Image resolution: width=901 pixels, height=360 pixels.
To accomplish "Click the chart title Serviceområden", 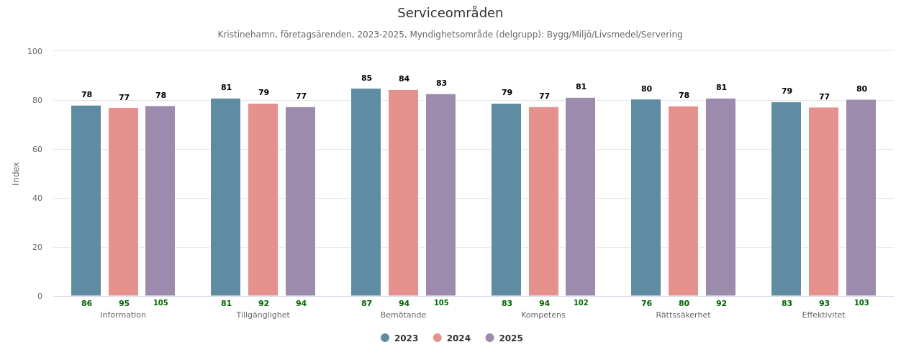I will click(450, 13).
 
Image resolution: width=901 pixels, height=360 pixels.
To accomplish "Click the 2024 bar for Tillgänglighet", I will click(263, 199).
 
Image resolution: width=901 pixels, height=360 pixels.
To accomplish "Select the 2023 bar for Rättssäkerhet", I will click(646, 197).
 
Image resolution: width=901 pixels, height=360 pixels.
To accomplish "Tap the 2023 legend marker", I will click(385, 338).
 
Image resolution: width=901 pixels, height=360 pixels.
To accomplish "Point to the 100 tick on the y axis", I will click(35, 51).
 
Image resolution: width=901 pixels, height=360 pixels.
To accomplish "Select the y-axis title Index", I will click(16, 174).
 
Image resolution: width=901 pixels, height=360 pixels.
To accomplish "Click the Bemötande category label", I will click(403, 315).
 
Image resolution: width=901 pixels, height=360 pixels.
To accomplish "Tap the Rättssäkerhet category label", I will click(683, 315).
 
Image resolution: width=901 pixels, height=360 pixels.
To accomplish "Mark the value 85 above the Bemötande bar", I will click(366, 78).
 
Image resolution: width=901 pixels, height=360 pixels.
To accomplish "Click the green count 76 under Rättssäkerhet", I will click(646, 304).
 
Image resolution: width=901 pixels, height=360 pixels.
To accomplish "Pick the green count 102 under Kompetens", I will click(581, 303).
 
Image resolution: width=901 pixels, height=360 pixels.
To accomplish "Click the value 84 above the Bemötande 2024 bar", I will click(404, 79).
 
